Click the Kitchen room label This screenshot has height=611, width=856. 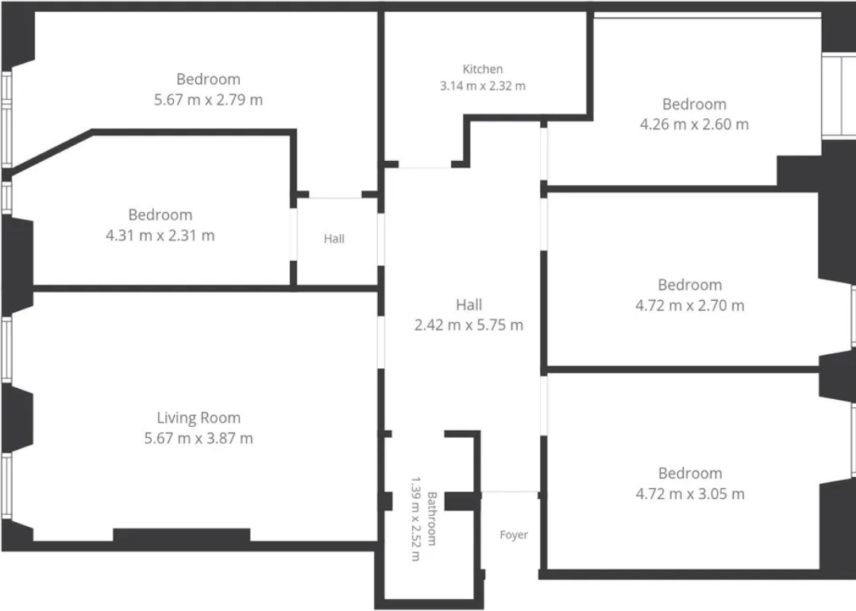point(483,69)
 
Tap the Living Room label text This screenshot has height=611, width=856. point(199,418)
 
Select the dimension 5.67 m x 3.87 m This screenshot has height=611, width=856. point(199,438)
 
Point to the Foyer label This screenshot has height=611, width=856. point(514,535)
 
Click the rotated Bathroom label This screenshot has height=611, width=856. point(432,519)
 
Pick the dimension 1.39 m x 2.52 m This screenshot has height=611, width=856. point(415,519)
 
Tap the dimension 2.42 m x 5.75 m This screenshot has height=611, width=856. point(469,325)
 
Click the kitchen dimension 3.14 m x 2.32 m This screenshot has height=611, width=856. point(483,86)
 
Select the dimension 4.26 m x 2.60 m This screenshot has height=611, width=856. point(694,125)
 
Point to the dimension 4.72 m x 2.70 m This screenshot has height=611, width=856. point(690,305)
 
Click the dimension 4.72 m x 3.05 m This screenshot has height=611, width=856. point(690,494)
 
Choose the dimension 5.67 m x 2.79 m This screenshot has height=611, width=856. point(209,100)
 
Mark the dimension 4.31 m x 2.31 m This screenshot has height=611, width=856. point(160,236)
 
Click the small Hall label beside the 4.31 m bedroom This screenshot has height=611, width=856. point(334,238)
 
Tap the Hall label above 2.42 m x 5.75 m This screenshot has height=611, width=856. point(469,305)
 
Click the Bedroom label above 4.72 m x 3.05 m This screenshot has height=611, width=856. point(690,473)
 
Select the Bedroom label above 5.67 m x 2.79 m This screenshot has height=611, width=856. point(209,79)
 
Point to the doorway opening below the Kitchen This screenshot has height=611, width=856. point(425,164)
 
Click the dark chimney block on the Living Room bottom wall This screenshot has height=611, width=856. point(182,535)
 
